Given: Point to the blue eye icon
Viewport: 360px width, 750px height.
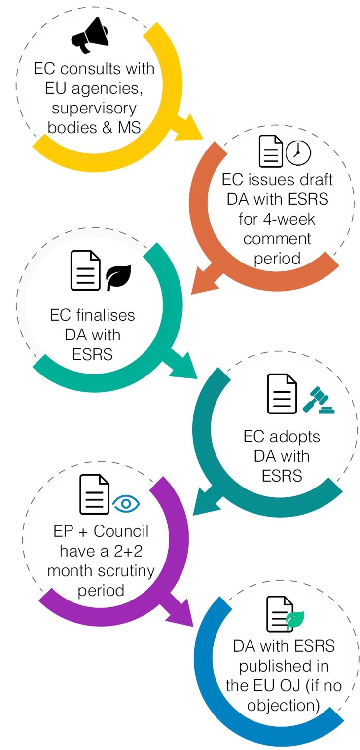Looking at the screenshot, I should [126, 503].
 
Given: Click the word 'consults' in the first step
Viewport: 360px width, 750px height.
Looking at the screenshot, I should [96, 68].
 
